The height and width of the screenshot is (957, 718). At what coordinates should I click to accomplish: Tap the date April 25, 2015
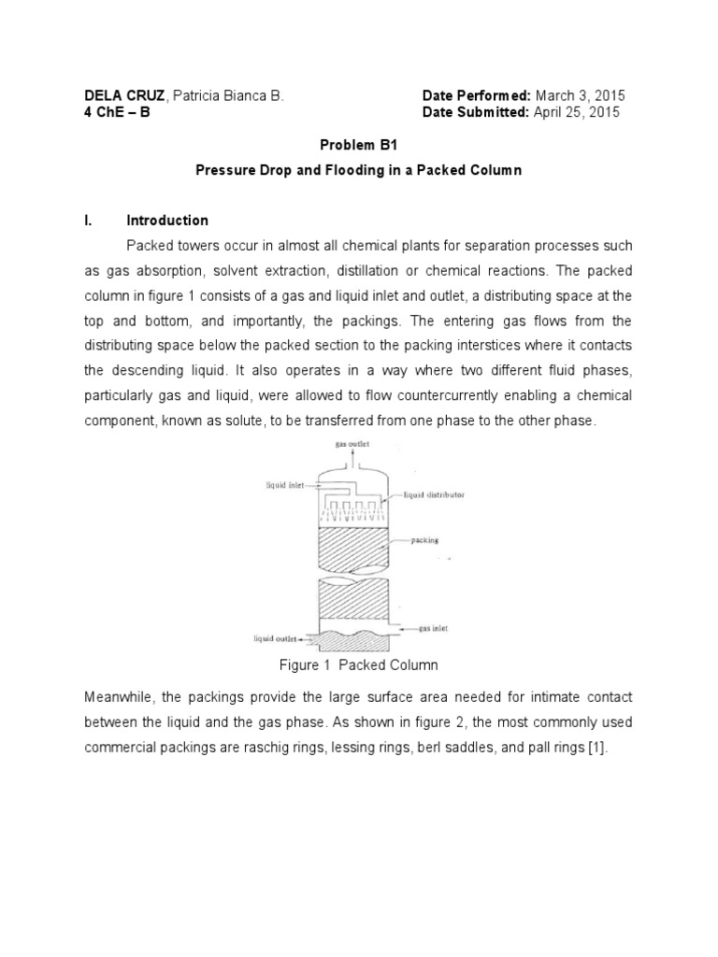pos(576,112)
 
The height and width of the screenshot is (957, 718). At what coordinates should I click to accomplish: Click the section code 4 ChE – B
pos(116,112)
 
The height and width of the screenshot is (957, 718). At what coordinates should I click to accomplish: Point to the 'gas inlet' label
pos(429,629)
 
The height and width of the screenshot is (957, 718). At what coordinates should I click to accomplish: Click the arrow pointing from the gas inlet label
pos(407,631)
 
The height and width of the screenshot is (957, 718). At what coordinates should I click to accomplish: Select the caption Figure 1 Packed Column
pos(359,665)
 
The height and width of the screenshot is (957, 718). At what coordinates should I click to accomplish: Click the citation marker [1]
pos(598,748)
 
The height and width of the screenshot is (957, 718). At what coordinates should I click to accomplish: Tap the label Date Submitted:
pos(475,112)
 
